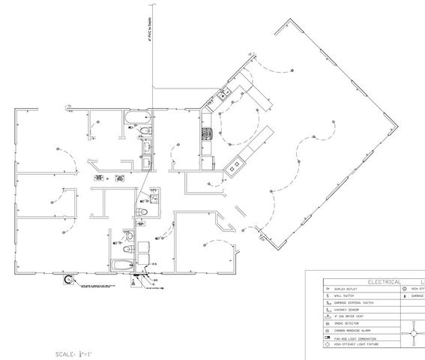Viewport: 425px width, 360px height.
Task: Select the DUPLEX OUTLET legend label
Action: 342,289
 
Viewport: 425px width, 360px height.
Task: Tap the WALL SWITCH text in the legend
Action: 340,296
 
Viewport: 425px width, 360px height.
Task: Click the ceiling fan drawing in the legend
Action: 412,331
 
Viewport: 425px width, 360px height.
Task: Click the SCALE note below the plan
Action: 73,352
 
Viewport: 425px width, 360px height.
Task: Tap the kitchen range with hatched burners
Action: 207,136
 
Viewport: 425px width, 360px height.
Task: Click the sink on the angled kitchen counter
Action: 223,95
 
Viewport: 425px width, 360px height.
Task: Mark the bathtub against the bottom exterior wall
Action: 121,265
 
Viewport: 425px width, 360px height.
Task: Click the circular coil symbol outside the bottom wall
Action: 70,280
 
